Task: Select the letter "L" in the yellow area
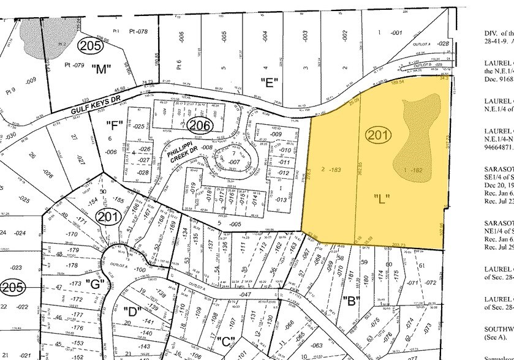tap(382, 198)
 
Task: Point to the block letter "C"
tap(225, 340)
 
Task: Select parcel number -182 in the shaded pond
tap(417, 169)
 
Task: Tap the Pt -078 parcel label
tap(139, 31)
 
